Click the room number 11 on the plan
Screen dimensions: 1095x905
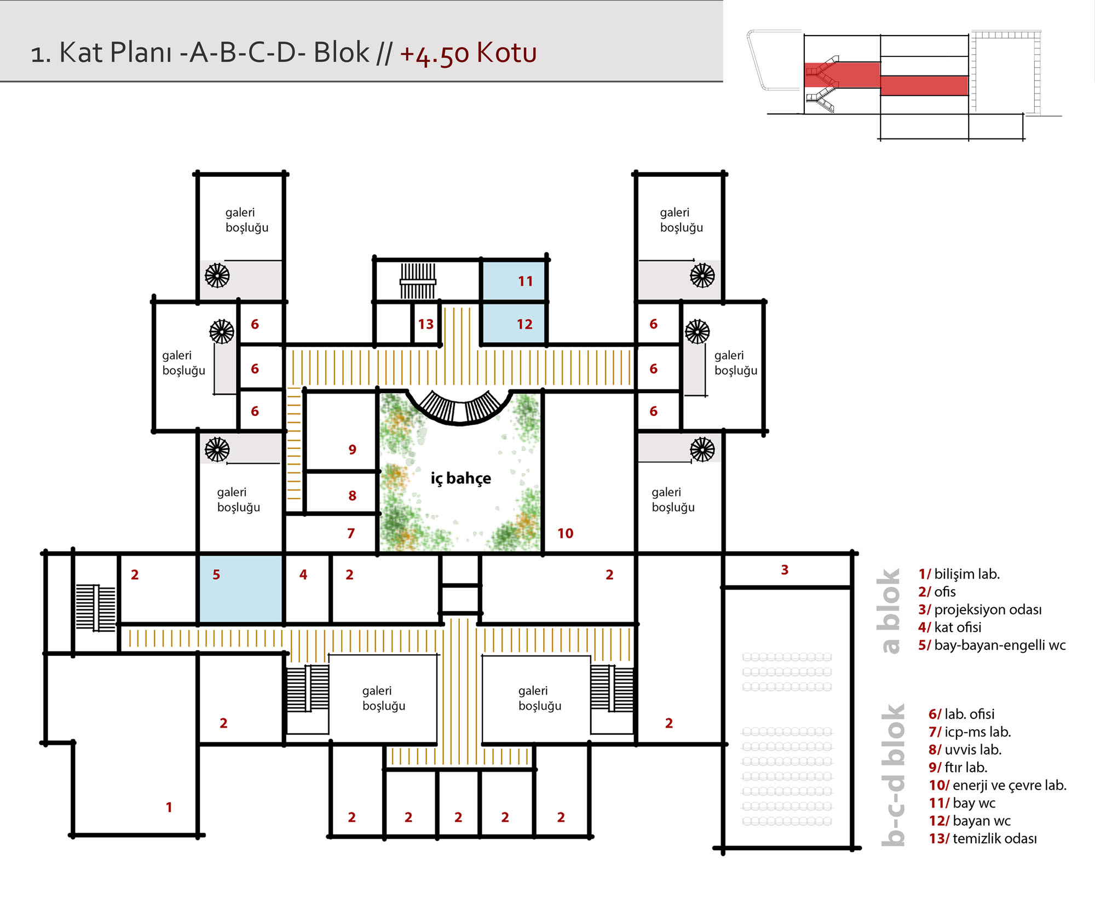coord(526,281)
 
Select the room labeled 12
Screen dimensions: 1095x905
coord(525,325)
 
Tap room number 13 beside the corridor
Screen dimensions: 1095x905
coord(425,325)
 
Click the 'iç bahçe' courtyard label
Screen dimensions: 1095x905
coord(460,479)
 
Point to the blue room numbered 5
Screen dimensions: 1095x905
coord(216,575)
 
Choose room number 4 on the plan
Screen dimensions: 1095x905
coord(303,575)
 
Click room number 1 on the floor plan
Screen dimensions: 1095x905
coord(169,808)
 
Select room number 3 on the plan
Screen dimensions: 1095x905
coord(785,570)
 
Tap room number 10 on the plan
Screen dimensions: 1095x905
coord(566,534)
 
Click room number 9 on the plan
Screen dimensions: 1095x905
coord(353,450)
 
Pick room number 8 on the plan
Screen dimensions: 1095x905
coord(353,496)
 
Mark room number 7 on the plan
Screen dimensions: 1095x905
coord(351,534)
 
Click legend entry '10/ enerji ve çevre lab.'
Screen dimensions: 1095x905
coord(998,786)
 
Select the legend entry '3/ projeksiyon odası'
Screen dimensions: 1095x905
coord(980,610)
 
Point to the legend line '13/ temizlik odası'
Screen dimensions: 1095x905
coord(983,839)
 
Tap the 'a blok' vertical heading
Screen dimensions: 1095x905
coord(891,611)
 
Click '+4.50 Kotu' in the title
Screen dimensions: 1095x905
coord(468,54)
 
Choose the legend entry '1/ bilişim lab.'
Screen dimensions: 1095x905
coord(959,574)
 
